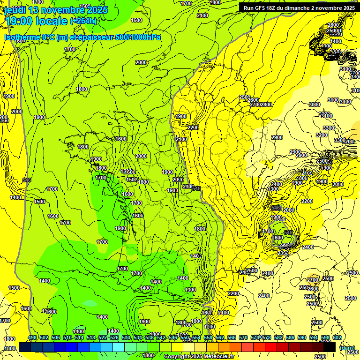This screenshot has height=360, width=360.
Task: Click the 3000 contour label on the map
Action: (x=314, y=105)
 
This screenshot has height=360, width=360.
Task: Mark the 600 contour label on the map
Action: (x=278, y=238)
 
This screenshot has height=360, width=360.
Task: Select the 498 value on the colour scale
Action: (x=32, y=338)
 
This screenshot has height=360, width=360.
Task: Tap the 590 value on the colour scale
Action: (x=302, y=338)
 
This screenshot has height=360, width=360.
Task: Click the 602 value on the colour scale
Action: (x=337, y=338)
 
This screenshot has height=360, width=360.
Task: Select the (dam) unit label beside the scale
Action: (x=347, y=348)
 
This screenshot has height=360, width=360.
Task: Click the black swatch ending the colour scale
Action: (x=330, y=347)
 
